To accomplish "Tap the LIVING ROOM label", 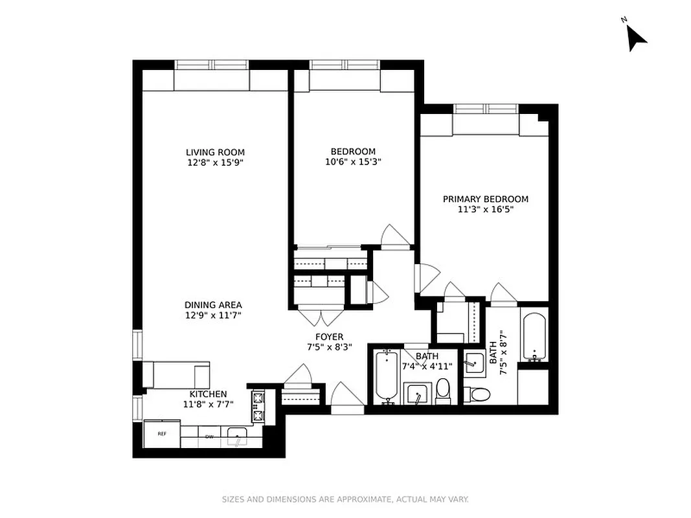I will point(214,152).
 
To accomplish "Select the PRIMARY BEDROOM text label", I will point(485,199).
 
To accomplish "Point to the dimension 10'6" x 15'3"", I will point(353,163).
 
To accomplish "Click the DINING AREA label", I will point(213,305).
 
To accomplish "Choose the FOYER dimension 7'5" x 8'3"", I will point(329,348).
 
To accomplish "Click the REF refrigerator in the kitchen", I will point(162,434).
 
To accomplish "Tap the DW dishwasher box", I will point(209,437).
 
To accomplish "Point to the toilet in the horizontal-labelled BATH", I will point(443,392).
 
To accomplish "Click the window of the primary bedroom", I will point(486,108).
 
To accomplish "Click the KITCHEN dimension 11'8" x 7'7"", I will point(208,405).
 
